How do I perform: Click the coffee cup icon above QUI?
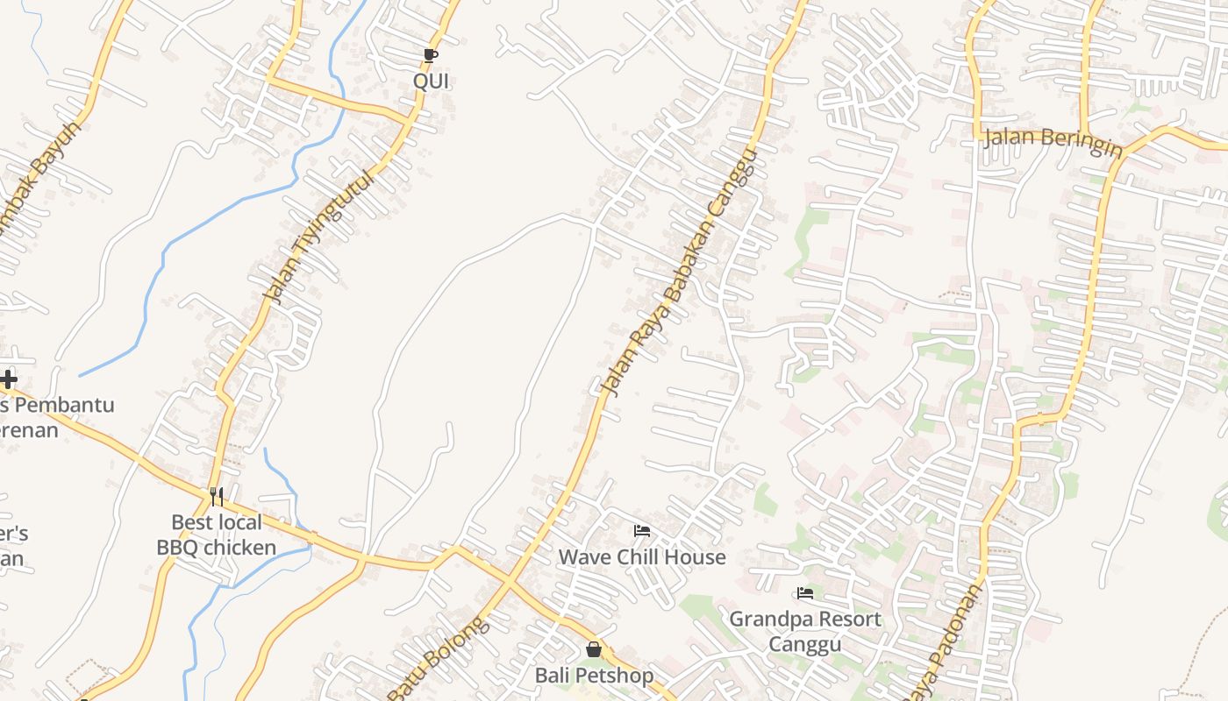(430, 55)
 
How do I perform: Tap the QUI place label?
(431, 81)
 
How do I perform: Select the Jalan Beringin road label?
(1053, 143)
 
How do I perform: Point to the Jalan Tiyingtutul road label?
(319, 236)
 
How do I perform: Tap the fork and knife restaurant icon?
(217, 497)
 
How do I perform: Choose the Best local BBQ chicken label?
(216, 535)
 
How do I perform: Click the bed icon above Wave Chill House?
(642, 530)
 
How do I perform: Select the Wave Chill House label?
(642, 557)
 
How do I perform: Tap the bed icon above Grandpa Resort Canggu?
(804, 593)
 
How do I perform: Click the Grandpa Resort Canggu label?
(805, 632)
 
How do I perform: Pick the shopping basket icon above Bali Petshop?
(594, 649)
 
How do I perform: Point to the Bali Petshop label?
(595, 676)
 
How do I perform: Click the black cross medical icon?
(9, 379)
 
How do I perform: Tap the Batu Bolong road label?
(437, 659)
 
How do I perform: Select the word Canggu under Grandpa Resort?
(805, 645)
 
